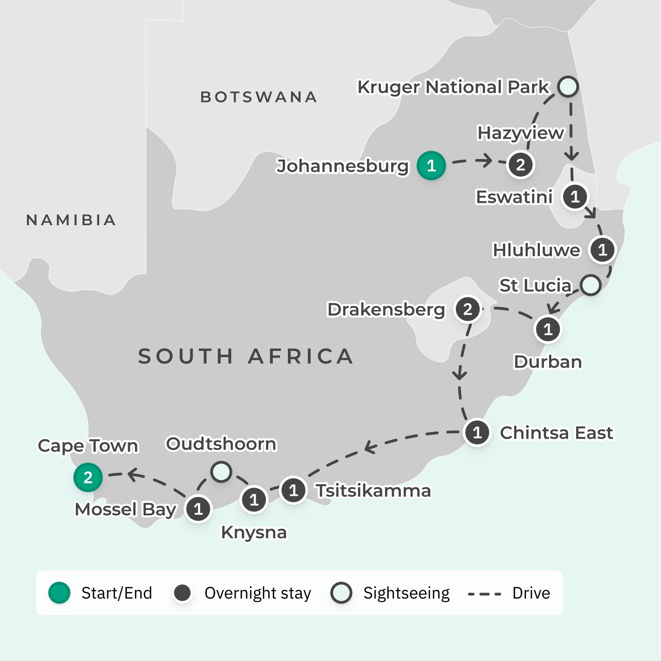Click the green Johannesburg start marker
431,166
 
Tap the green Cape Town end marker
88,477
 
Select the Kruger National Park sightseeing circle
568,87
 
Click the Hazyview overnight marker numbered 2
520,165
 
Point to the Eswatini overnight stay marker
575,197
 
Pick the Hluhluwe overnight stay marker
602,249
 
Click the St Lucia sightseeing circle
590,285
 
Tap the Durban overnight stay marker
548,329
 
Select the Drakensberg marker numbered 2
467,309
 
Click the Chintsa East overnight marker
477,433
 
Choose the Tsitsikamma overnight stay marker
293,490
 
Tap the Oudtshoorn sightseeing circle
221,472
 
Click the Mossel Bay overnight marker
198,509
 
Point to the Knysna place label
254,532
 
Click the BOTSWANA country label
259,97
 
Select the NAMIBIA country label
71,220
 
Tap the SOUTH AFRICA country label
246,356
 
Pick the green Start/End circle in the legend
60,593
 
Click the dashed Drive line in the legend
484,594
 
